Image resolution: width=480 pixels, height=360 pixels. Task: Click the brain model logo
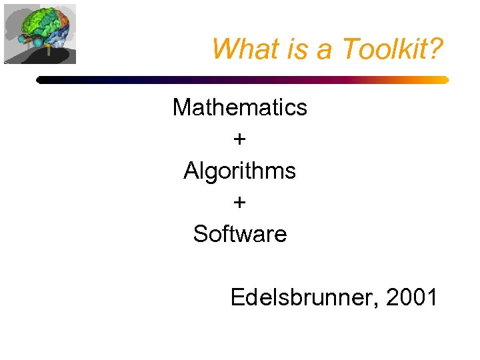[39, 33]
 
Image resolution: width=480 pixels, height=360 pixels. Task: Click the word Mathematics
[240, 107]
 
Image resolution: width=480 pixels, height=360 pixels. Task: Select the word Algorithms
[240, 171]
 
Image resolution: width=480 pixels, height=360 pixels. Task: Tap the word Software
[240, 234]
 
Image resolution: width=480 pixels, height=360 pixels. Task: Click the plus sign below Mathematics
[240, 139]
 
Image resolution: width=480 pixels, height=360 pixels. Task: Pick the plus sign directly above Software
[240, 203]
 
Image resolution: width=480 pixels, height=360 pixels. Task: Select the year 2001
[413, 297]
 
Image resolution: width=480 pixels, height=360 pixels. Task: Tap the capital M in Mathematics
[182, 107]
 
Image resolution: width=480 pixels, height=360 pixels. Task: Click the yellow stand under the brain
[48, 51]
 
